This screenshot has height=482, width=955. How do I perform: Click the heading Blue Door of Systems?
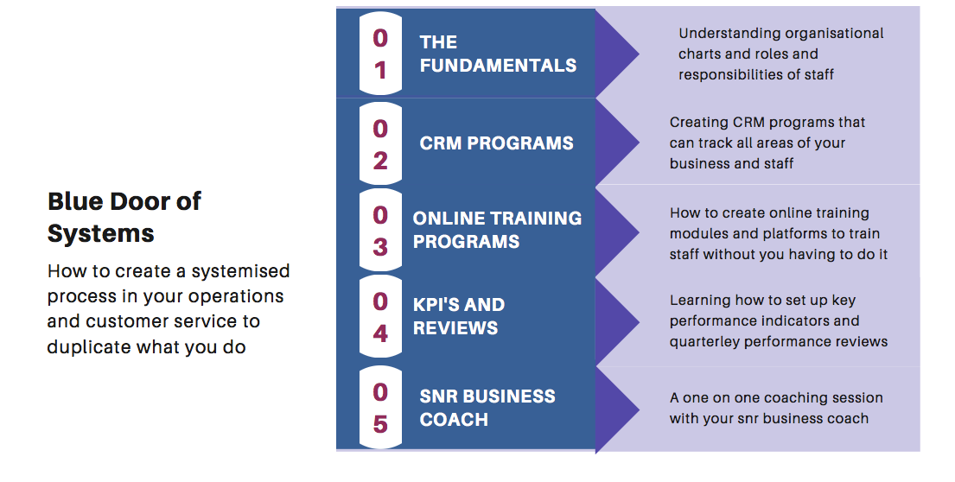(124, 218)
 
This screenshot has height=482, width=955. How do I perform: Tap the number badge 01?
(380, 54)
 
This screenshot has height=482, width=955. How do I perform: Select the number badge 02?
(380, 143)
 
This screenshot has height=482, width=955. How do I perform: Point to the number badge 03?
(380, 230)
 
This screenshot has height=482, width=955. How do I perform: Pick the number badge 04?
(380, 316)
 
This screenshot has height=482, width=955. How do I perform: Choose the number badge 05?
(380, 407)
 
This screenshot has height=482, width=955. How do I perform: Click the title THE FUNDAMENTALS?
(498, 54)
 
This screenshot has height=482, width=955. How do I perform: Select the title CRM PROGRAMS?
(496, 143)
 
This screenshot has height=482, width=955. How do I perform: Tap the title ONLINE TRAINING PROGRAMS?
(497, 230)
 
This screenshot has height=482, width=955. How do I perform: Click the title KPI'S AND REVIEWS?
(459, 316)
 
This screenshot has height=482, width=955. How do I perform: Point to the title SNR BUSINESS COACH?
(487, 408)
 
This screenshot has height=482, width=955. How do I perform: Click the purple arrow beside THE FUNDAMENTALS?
(617, 54)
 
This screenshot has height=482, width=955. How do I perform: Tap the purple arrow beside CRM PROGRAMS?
(617, 143)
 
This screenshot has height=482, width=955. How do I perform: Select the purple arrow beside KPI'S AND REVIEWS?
(617, 321)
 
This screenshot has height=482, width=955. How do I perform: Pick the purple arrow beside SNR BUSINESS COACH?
(617, 410)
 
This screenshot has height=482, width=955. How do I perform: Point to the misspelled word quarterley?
(704, 342)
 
